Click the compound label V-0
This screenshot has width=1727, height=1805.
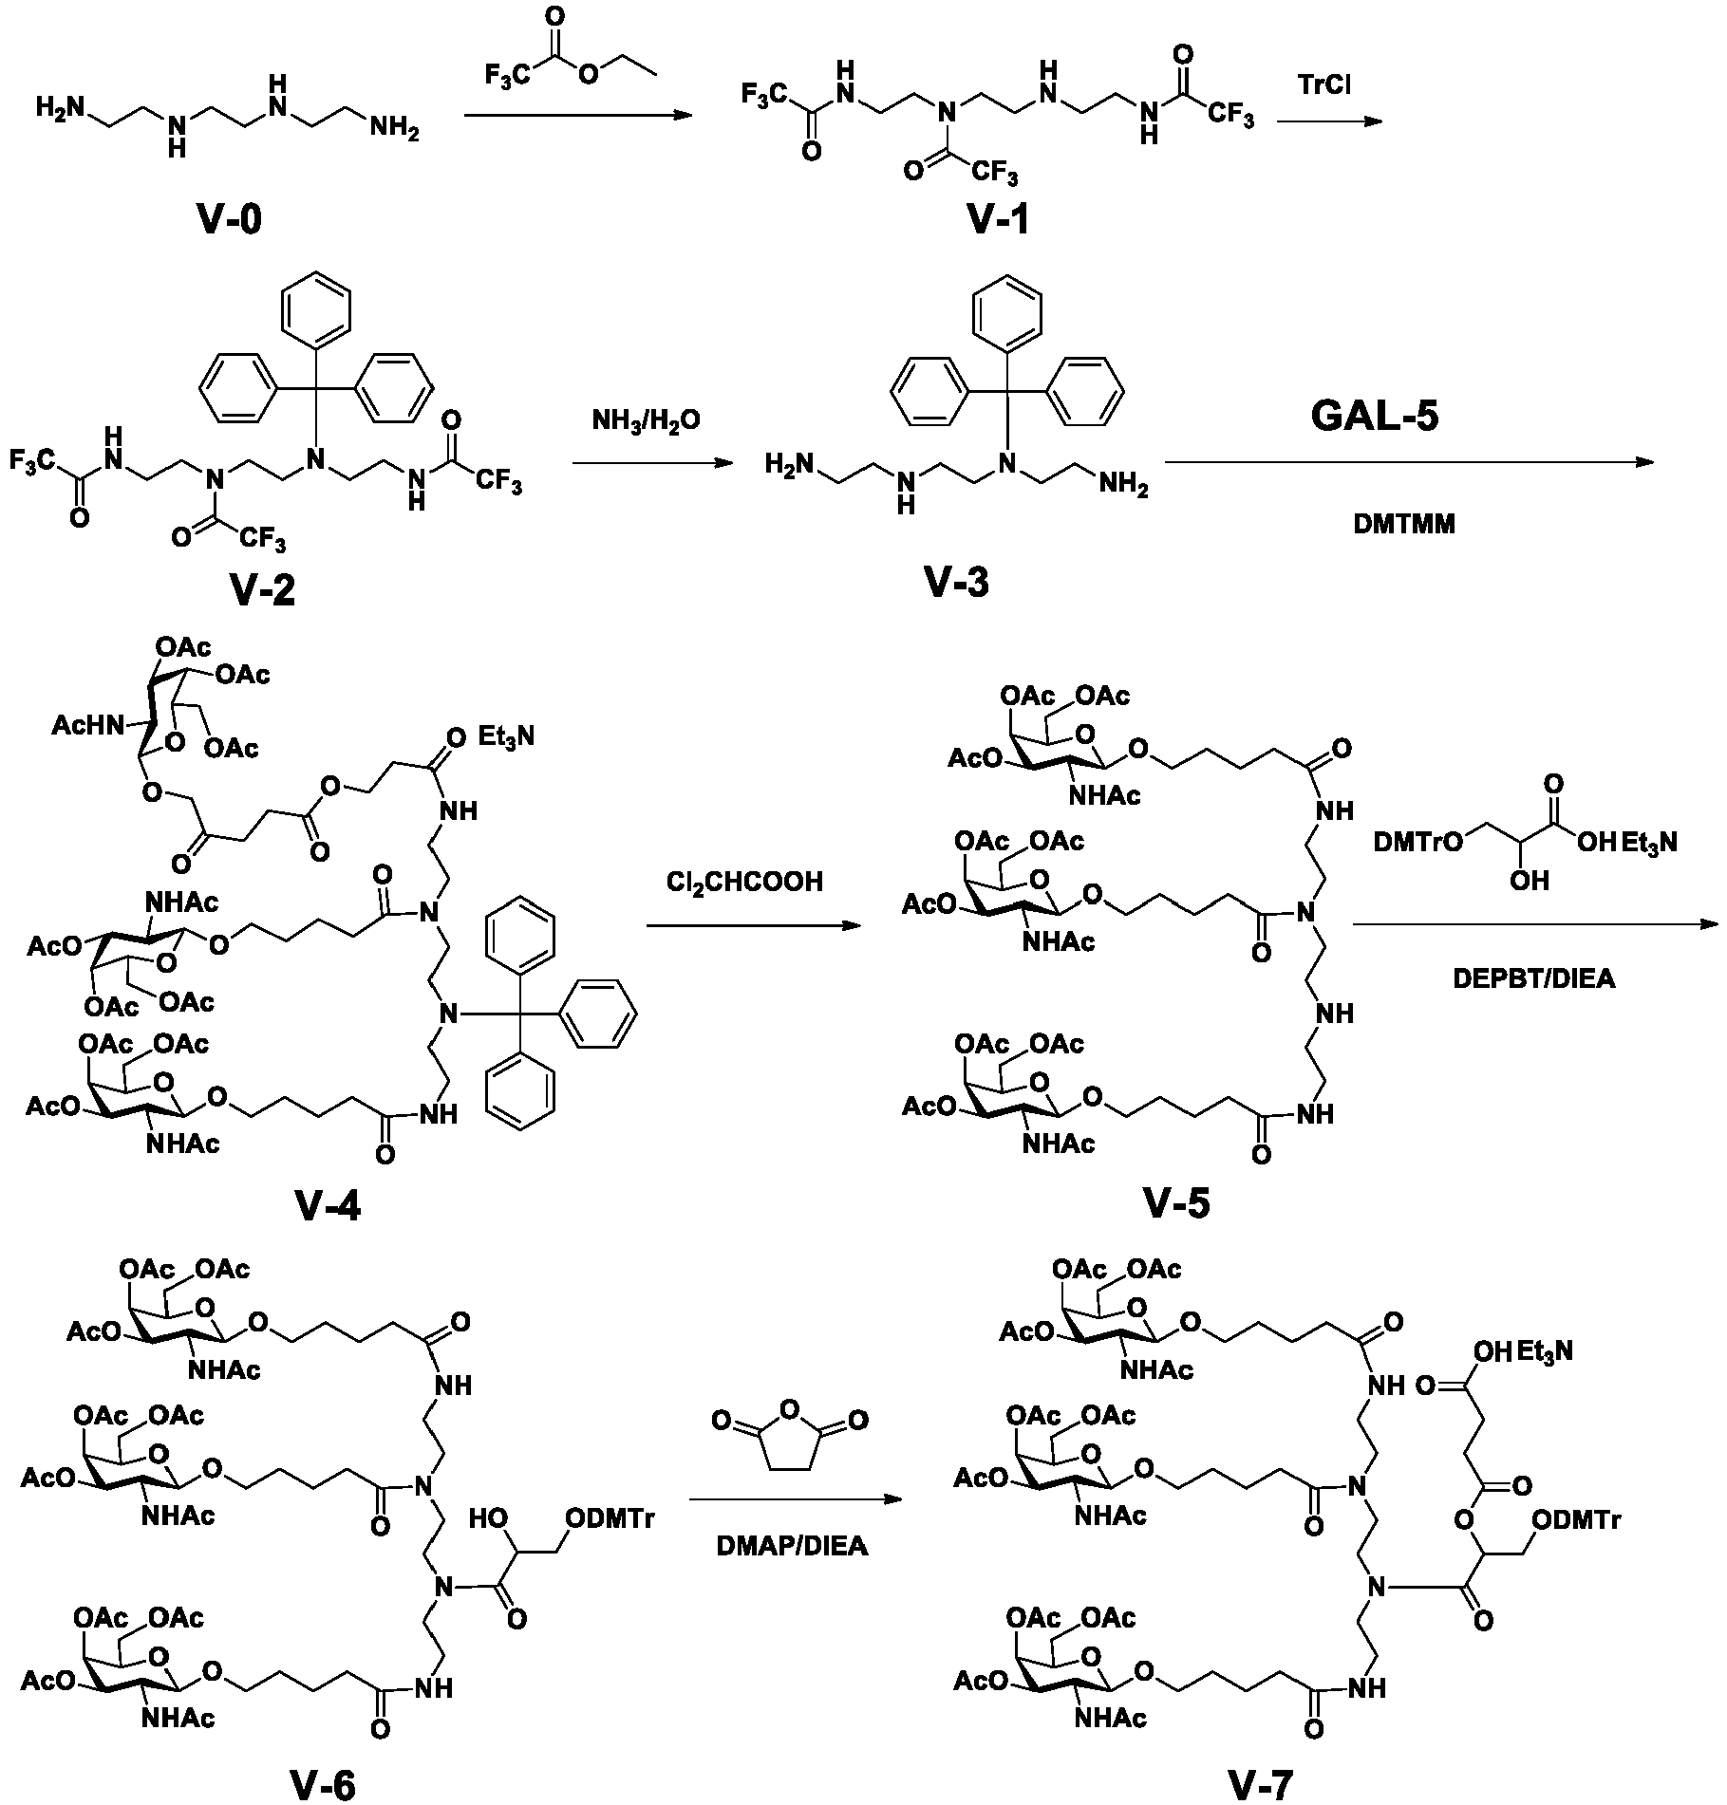pos(230,221)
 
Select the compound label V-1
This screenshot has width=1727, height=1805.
pos(997,221)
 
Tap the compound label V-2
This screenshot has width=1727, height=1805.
pos(261,590)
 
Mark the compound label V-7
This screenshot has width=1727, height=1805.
pos(1261,1784)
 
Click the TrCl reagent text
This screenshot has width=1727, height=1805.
pos(1324,85)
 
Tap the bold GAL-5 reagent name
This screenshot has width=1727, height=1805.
pos(1376,416)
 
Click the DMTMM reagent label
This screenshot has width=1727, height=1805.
pos(1404,524)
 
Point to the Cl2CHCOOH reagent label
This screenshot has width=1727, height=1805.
pos(744,884)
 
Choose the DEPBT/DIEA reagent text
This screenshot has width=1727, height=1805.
pos(1533,978)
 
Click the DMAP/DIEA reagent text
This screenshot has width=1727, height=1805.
pos(792,1546)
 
